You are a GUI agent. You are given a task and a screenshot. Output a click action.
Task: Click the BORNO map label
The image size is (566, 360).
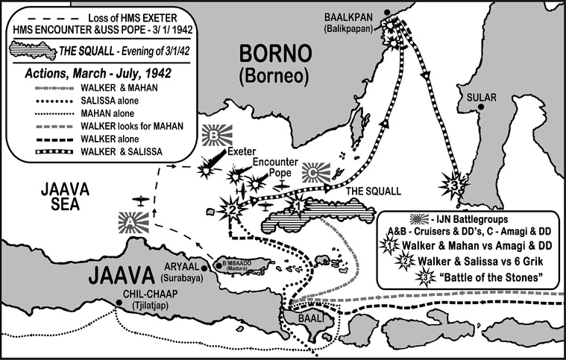[271, 54]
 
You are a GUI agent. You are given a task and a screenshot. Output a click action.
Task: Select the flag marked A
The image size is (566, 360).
[131, 222]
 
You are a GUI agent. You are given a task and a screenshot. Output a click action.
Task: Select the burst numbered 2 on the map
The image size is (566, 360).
[233, 209]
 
